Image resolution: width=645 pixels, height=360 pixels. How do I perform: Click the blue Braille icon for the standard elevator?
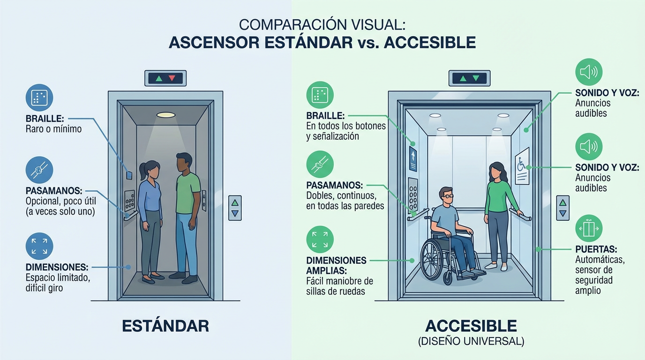pos(39,97)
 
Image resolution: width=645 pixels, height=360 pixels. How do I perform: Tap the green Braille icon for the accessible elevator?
pos(320,95)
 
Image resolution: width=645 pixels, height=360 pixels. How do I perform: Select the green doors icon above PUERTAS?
pos(588,228)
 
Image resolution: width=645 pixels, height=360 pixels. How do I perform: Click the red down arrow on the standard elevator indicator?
pos(172,78)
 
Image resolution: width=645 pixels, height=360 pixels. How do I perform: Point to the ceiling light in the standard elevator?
pos(166,115)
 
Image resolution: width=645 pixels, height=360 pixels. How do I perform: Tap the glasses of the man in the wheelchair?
pos(448,196)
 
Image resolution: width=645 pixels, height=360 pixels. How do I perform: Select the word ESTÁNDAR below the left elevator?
pos(165,326)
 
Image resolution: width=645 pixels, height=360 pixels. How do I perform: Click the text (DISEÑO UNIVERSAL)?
pos(471,341)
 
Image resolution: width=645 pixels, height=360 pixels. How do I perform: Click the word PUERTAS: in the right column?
pos(596,249)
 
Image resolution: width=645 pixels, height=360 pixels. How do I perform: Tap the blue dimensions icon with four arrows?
pos(39,246)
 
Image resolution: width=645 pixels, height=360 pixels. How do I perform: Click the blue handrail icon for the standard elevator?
pos(39,170)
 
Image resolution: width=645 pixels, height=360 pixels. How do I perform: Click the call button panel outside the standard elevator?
pos(234,208)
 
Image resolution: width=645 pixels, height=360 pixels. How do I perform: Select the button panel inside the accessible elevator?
pos(413,194)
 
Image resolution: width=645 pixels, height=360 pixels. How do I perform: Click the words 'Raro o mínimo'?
pos(53,128)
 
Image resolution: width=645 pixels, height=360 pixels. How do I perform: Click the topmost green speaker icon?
pos(588,72)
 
